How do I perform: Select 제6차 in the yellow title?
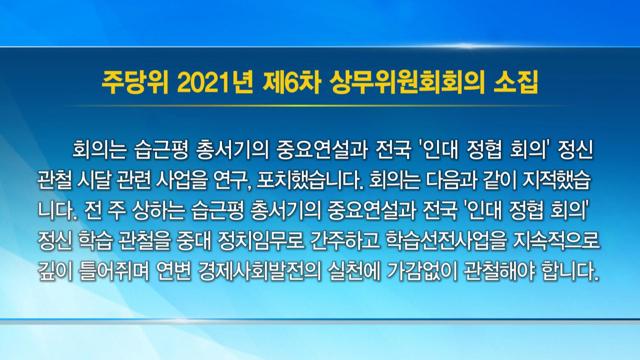coord(290,86)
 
